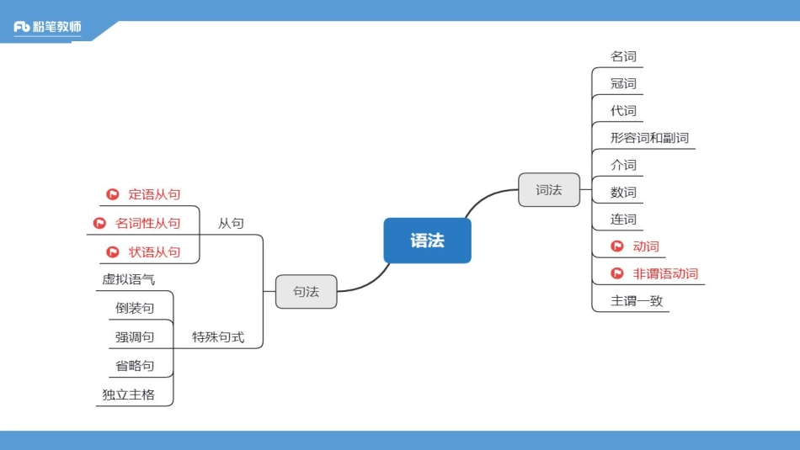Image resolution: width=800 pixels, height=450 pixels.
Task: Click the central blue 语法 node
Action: pyautogui.click(x=427, y=241)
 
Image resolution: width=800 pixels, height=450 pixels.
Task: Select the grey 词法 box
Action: pyautogui.click(x=548, y=190)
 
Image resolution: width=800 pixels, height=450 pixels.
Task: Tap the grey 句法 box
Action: pyautogui.click(x=306, y=292)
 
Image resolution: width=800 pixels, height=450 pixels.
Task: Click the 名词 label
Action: pyautogui.click(x=623, y=56)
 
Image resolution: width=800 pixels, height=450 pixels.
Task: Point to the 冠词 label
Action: pyautogui.click(x=623, y=83)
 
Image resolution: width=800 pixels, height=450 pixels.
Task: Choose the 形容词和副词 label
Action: pyautogui.click(x=649, y=138)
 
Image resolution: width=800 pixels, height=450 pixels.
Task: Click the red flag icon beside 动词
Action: pyautogui.click(x=617, y=246)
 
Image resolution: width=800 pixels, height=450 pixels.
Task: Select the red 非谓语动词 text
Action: pyautogui.click(x=665, y=273)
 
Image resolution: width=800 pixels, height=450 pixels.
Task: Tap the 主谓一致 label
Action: pyautogui.click(x=637, y=301)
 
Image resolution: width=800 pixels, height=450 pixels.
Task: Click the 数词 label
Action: pyautogui.click(x=623, y=193)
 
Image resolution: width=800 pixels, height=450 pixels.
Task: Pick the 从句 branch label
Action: pyautogui.click(x=231, y=223)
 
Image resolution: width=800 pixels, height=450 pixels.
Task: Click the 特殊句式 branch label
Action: pyautogui.click(x=218, y=337)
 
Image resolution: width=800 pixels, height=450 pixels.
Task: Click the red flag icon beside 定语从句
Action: pyautogui.click(x=112, y=194)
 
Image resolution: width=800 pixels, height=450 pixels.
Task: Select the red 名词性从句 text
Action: pyautogui.click(x=147, y=223)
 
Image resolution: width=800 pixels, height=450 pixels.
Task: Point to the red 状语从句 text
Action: pyautogui.click(x=154, y=251)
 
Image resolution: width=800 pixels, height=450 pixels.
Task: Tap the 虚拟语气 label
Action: pyautogui.click(x=128, y=279)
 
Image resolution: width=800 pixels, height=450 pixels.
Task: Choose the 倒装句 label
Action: pyautogui.click(x=135, y=308)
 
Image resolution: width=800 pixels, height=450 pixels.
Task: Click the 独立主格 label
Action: pyautogui.click(x=128, y=394)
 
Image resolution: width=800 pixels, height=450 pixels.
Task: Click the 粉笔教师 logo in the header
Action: pyautogui.click(x=48, y=27)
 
